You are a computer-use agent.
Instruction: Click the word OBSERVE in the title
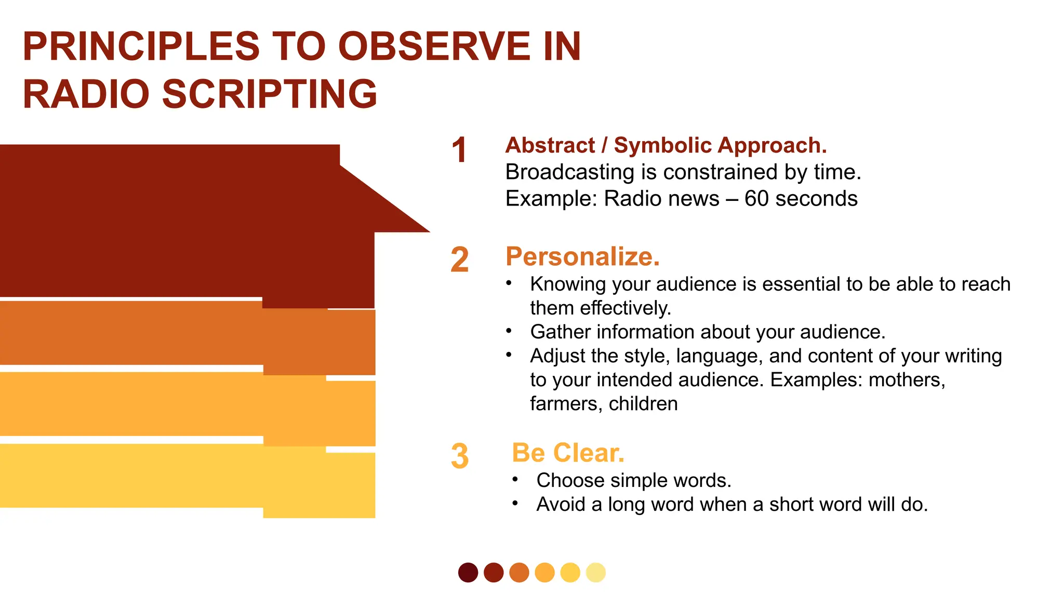(x=434, y=47)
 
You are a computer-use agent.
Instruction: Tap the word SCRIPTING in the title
(x=270, y=94)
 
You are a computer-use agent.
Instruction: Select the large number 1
(x=459, y=151)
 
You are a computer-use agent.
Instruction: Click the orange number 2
(x=460, y=260)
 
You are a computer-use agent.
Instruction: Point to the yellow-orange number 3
(x=460, y=456)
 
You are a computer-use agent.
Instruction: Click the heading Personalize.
(x=582, y=256)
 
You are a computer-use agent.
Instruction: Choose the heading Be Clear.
(x=568, y=453)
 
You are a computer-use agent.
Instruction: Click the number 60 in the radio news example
(x=756, y=199)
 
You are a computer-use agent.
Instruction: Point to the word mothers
(x=906, y=380)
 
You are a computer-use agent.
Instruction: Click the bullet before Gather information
(x=509, y=331)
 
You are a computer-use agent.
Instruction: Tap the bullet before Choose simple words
(x=515, y=480)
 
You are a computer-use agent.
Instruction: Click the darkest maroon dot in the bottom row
(x=468, y=573)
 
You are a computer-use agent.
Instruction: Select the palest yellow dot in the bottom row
(x=596, y=573)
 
